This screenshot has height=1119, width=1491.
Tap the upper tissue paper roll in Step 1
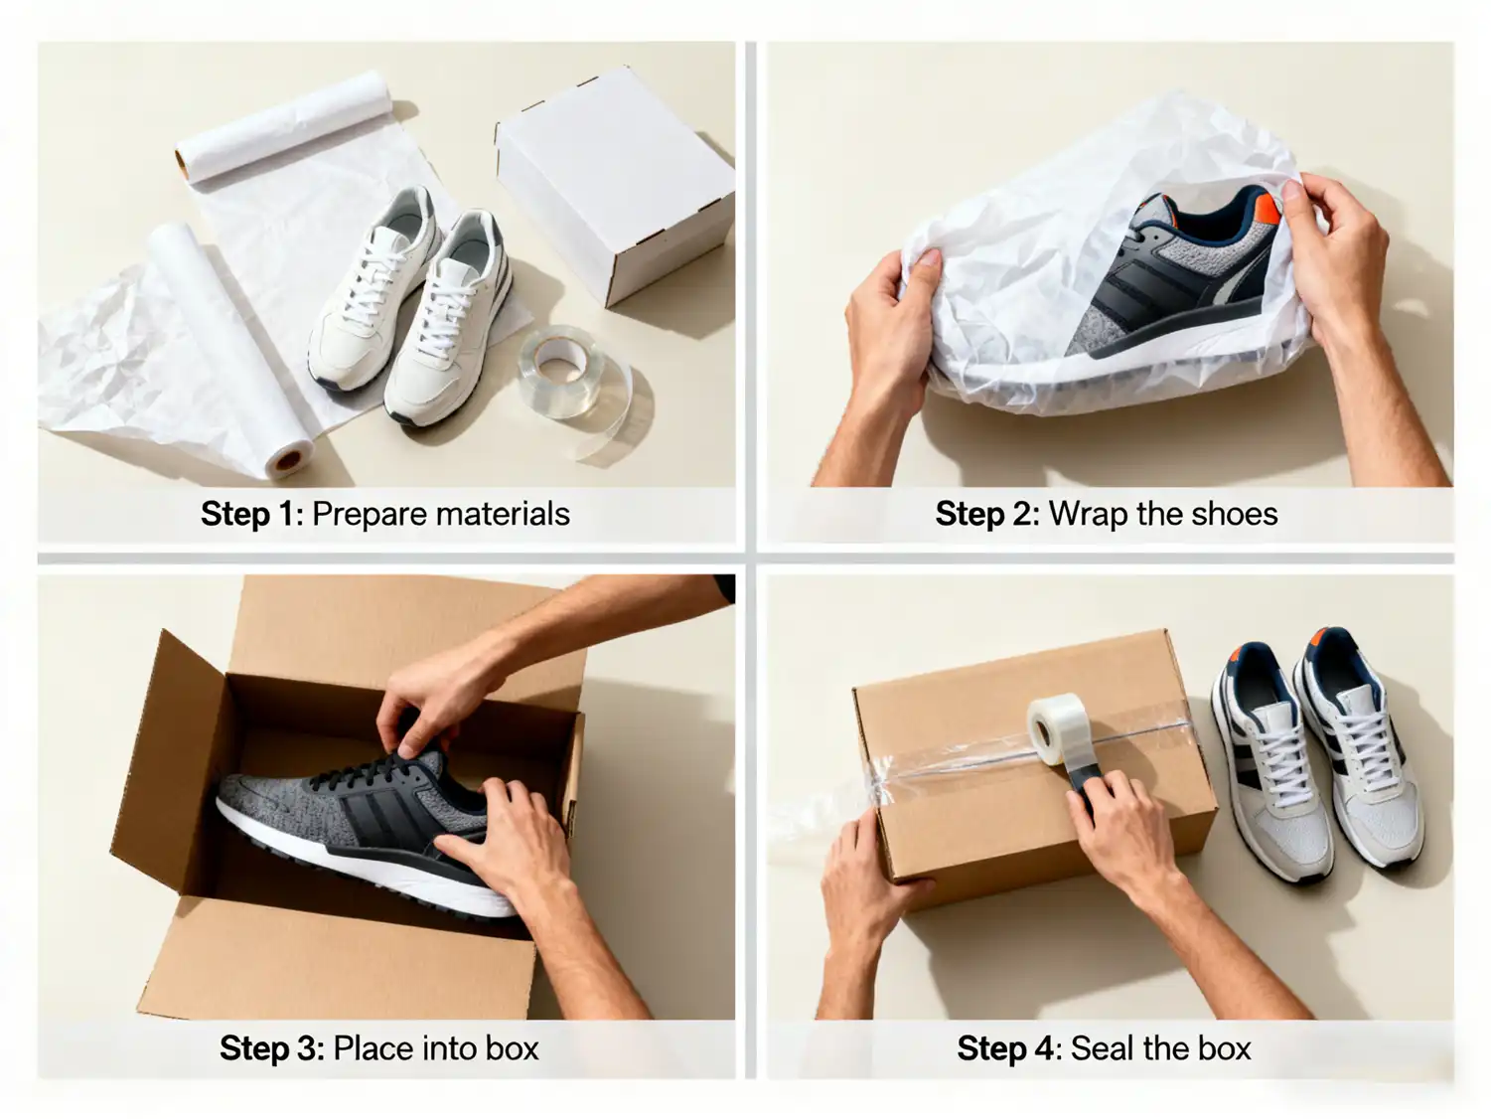coord(284,126)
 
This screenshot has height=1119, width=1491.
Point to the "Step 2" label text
coord(987,515)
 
